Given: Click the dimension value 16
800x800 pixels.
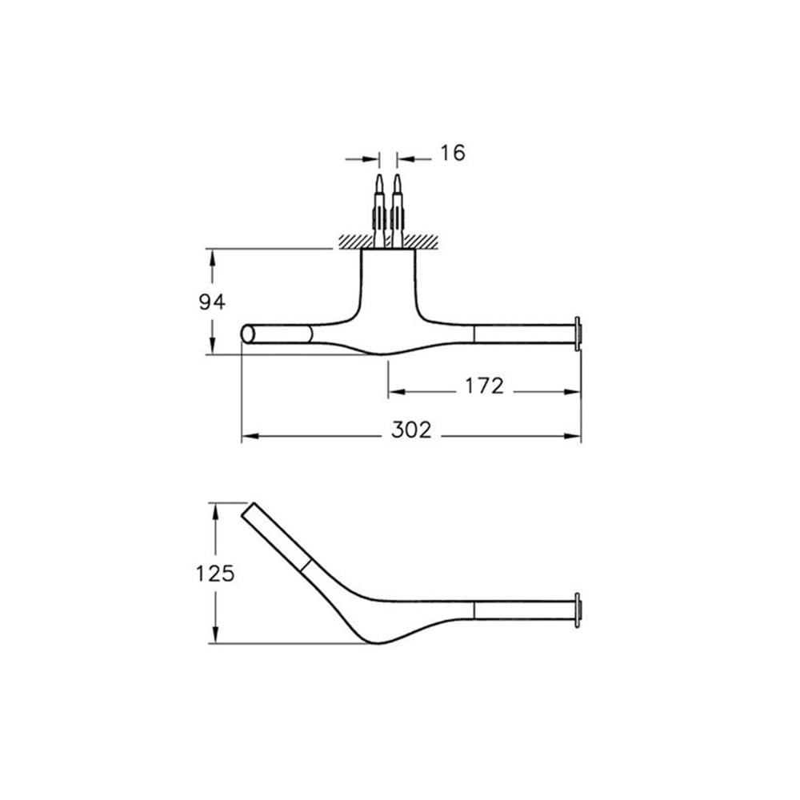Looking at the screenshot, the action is [453, 153].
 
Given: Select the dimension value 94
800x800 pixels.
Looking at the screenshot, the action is [212, 302].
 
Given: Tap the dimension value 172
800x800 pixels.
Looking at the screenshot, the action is [484, 386].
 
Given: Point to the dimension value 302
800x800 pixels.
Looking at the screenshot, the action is [411, 430].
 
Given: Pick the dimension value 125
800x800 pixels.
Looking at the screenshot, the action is [215, 574].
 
